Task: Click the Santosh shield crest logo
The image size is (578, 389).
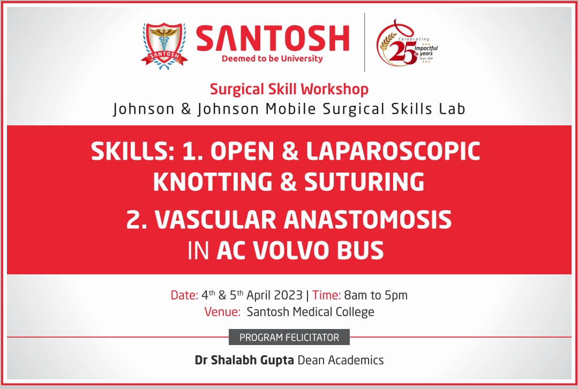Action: point(164,46)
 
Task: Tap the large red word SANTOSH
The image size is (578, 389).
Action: point(273,39)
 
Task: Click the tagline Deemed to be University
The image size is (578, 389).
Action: point(272,58)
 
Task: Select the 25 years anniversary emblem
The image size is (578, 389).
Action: point(407,43)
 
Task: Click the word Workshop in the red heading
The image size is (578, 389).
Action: point(334,89)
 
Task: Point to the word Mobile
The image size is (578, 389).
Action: point(291,109)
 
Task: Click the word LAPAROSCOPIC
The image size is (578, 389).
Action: point(393,151)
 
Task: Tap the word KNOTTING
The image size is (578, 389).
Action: point(213,182)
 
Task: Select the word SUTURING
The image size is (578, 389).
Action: point(364,182)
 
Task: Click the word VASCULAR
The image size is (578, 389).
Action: point(216,220)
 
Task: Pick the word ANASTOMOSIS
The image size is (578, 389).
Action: point(367,220)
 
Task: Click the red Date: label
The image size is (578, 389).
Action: point(184,295)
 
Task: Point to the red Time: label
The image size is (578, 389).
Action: point(327,295)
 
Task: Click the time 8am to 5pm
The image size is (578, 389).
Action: point(376,295)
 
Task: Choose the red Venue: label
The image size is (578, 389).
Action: point(222,312)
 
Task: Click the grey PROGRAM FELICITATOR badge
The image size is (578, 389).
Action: point(289,338)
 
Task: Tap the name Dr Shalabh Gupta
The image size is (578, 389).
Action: point(244,360)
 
